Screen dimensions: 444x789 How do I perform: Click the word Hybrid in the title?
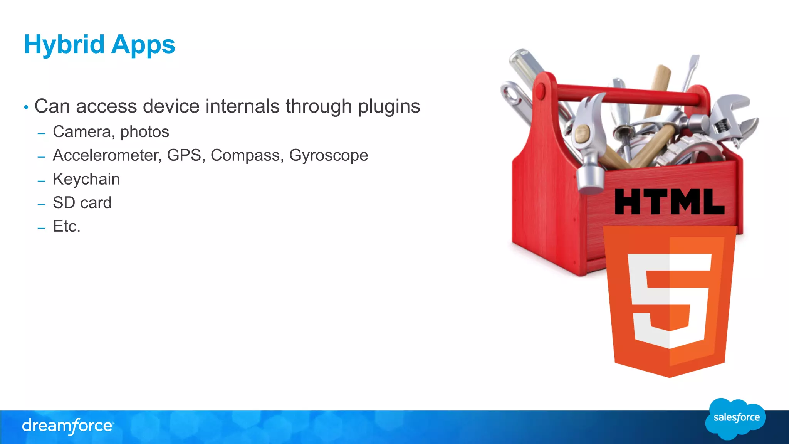tap(64, 45)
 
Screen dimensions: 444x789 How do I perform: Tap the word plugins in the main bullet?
tap(389, 107)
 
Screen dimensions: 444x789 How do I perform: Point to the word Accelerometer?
tap(106, 155)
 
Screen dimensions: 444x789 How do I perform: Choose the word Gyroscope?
tap(328, 156)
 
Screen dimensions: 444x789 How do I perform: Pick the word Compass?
tap(245, 155)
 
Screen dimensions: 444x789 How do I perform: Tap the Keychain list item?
tap(86, 179)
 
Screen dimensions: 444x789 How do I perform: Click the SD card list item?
tap(82, 203)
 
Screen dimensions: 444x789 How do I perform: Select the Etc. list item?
tap(67, 226)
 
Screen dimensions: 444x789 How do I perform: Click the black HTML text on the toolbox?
tap(669, 202)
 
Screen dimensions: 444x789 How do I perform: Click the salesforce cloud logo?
tap(735, 418)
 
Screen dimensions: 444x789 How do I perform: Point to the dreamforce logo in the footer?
tap(68, 426)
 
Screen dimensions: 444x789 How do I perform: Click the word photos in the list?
tap(144, 132)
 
